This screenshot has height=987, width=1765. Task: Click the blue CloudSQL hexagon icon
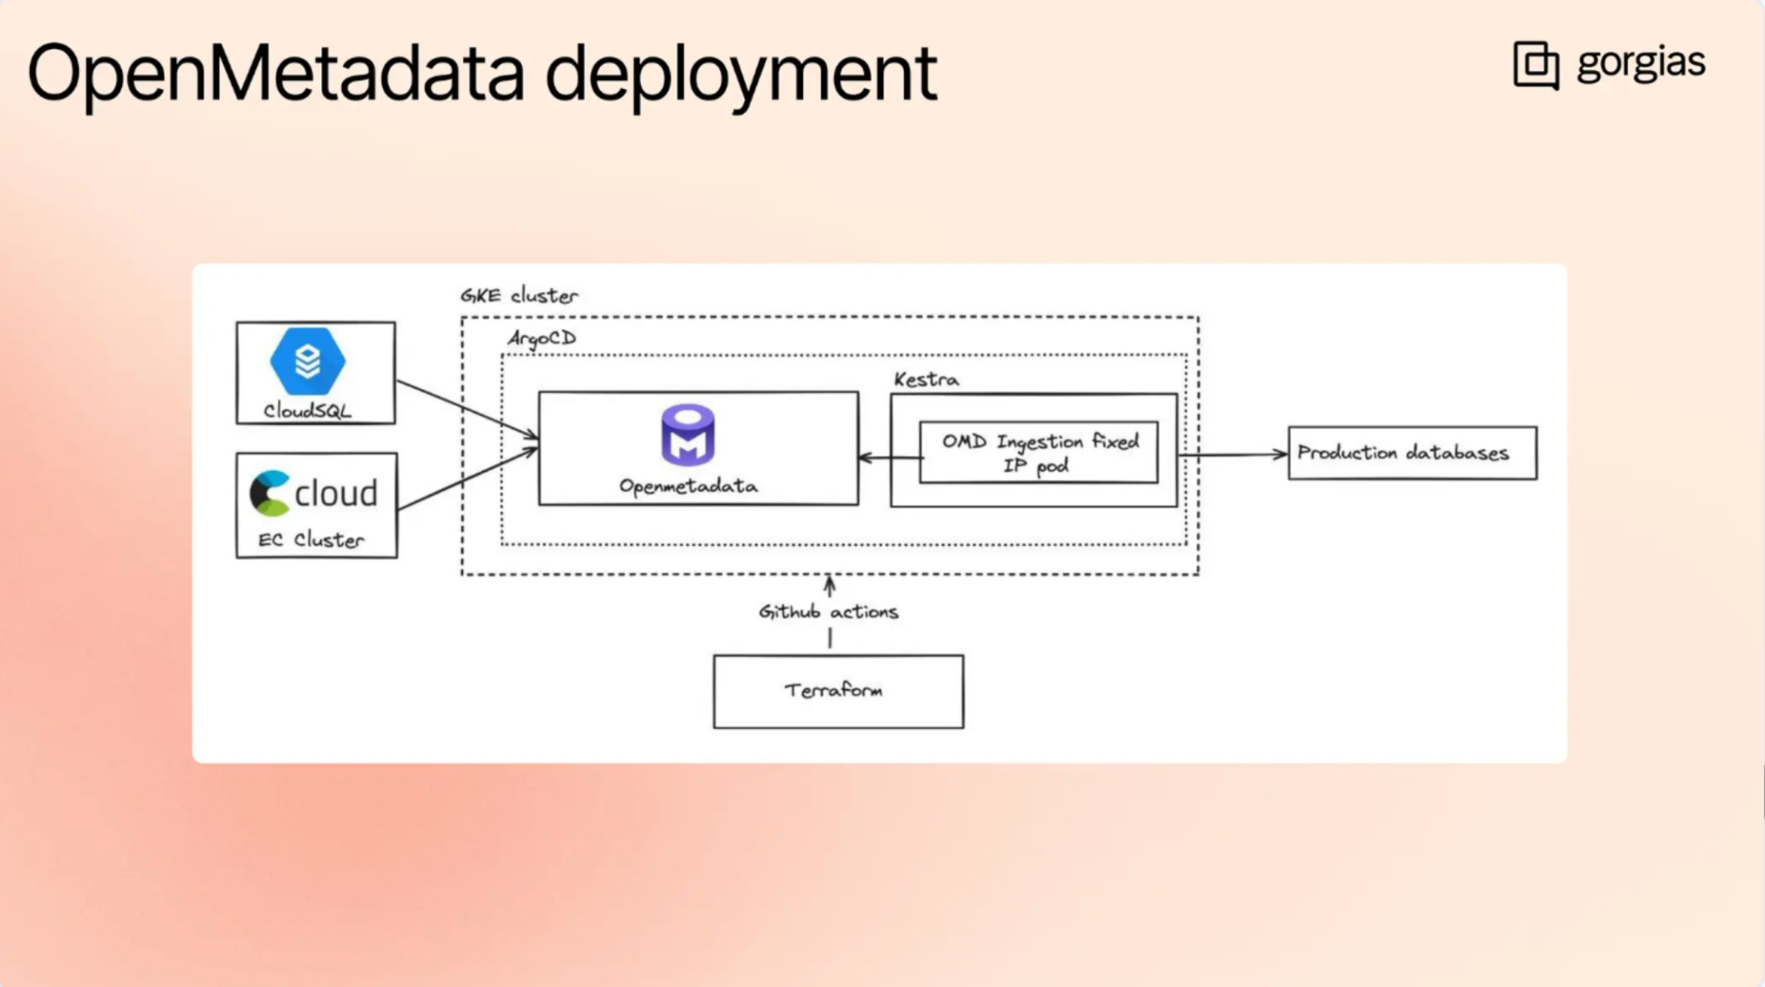point(307,360)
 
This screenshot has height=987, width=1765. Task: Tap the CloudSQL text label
point(307,411)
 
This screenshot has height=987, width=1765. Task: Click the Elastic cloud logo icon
point(270,493)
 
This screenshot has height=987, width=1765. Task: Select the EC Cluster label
point(311,540)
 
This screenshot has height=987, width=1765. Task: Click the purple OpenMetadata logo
point(688,435)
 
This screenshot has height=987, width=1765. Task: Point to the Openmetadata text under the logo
point(688,487)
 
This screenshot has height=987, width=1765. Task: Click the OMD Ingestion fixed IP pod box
point(1038,453)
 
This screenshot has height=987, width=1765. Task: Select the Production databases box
point(1412,453)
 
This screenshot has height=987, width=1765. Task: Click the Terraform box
point(837,691)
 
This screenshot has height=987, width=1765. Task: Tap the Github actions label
point(828,612)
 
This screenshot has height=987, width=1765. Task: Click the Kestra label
point(926,380)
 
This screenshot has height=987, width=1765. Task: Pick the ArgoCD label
point(541,339)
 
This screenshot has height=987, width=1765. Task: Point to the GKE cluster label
point(518,296)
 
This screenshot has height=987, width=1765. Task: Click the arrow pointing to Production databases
point(1233,455)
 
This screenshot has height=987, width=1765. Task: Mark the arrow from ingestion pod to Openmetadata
point(889,457)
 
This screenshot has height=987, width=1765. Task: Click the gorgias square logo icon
point(1535,65)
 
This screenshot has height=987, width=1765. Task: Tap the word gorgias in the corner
point(1640,63)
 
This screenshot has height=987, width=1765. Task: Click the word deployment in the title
point(740,74)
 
